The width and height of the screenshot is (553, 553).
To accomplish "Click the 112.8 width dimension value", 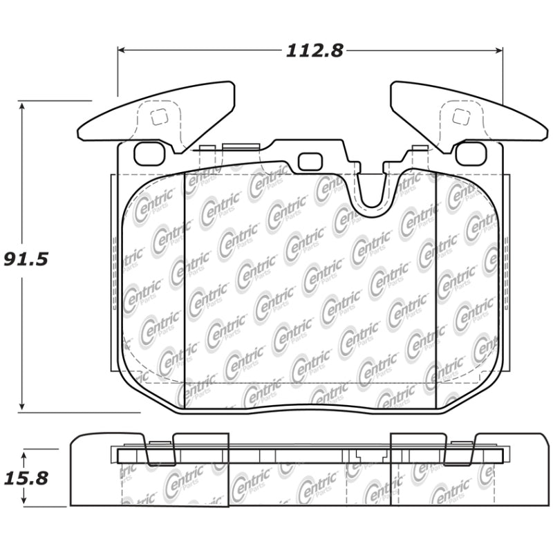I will tap(314, 51).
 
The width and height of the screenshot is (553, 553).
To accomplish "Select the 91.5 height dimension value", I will tap(26, 259).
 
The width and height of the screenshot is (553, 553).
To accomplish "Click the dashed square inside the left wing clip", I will tap(159, 118).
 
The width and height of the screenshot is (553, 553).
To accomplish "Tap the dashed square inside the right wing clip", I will tap(460, 117).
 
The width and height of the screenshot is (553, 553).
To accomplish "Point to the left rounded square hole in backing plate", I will tap(149, 153).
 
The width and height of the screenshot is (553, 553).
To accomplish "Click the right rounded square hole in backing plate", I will tap(471, 153).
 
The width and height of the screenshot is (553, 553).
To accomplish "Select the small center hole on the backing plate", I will tap(310, 162).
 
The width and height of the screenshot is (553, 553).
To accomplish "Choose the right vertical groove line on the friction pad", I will tap(435, 290).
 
